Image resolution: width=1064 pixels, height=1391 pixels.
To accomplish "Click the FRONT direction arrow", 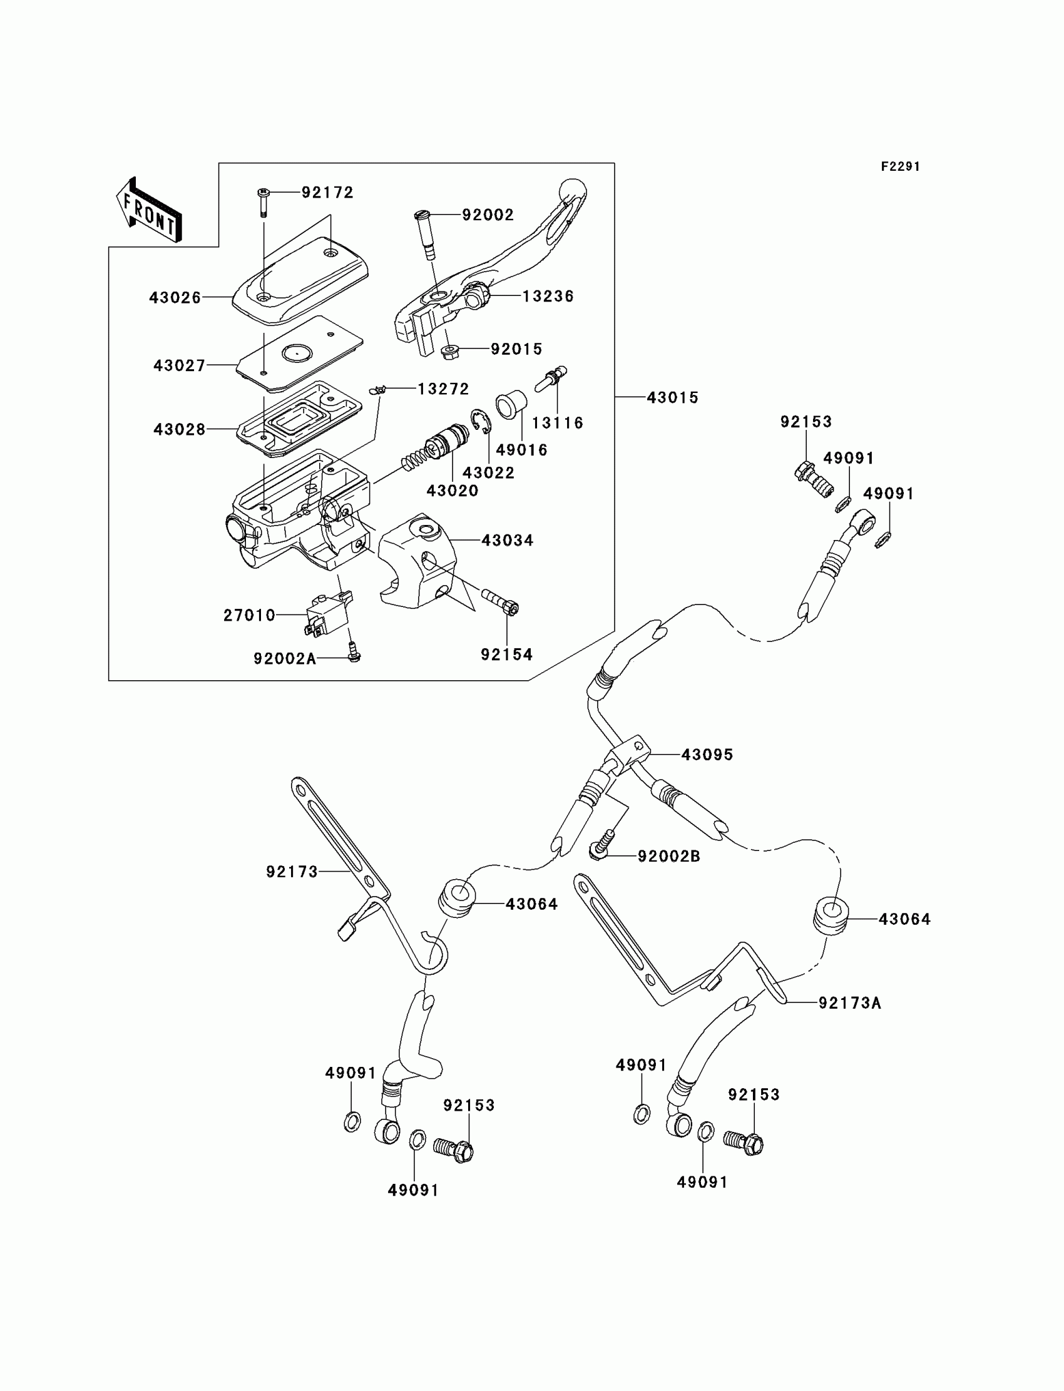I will [x=150, y=210].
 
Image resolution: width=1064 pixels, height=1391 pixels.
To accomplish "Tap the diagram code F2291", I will [x=900, y=166].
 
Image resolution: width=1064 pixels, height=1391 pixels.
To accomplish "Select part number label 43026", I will [x=175, y=298].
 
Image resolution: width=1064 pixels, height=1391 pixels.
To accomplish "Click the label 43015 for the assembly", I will [x=672, y=397].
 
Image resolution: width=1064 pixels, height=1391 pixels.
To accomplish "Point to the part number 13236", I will [x=548, y=297].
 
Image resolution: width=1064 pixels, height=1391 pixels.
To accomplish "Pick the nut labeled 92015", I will [x=450, y=351].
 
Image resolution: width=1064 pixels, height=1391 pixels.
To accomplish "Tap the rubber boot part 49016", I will [x=510, y=404].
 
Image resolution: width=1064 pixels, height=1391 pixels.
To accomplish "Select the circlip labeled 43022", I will [x=481, y=422].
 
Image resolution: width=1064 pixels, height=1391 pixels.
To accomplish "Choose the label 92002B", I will [x=668, y=857].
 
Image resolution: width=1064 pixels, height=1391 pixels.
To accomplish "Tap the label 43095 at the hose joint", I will [x=707, y=755].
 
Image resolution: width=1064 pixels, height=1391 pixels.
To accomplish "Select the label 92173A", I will [x=849, y=1003].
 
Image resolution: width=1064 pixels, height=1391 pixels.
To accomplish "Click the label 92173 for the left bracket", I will [x=292, y=872].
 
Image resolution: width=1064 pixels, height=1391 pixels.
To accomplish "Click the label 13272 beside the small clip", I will [x=442, y=389].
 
